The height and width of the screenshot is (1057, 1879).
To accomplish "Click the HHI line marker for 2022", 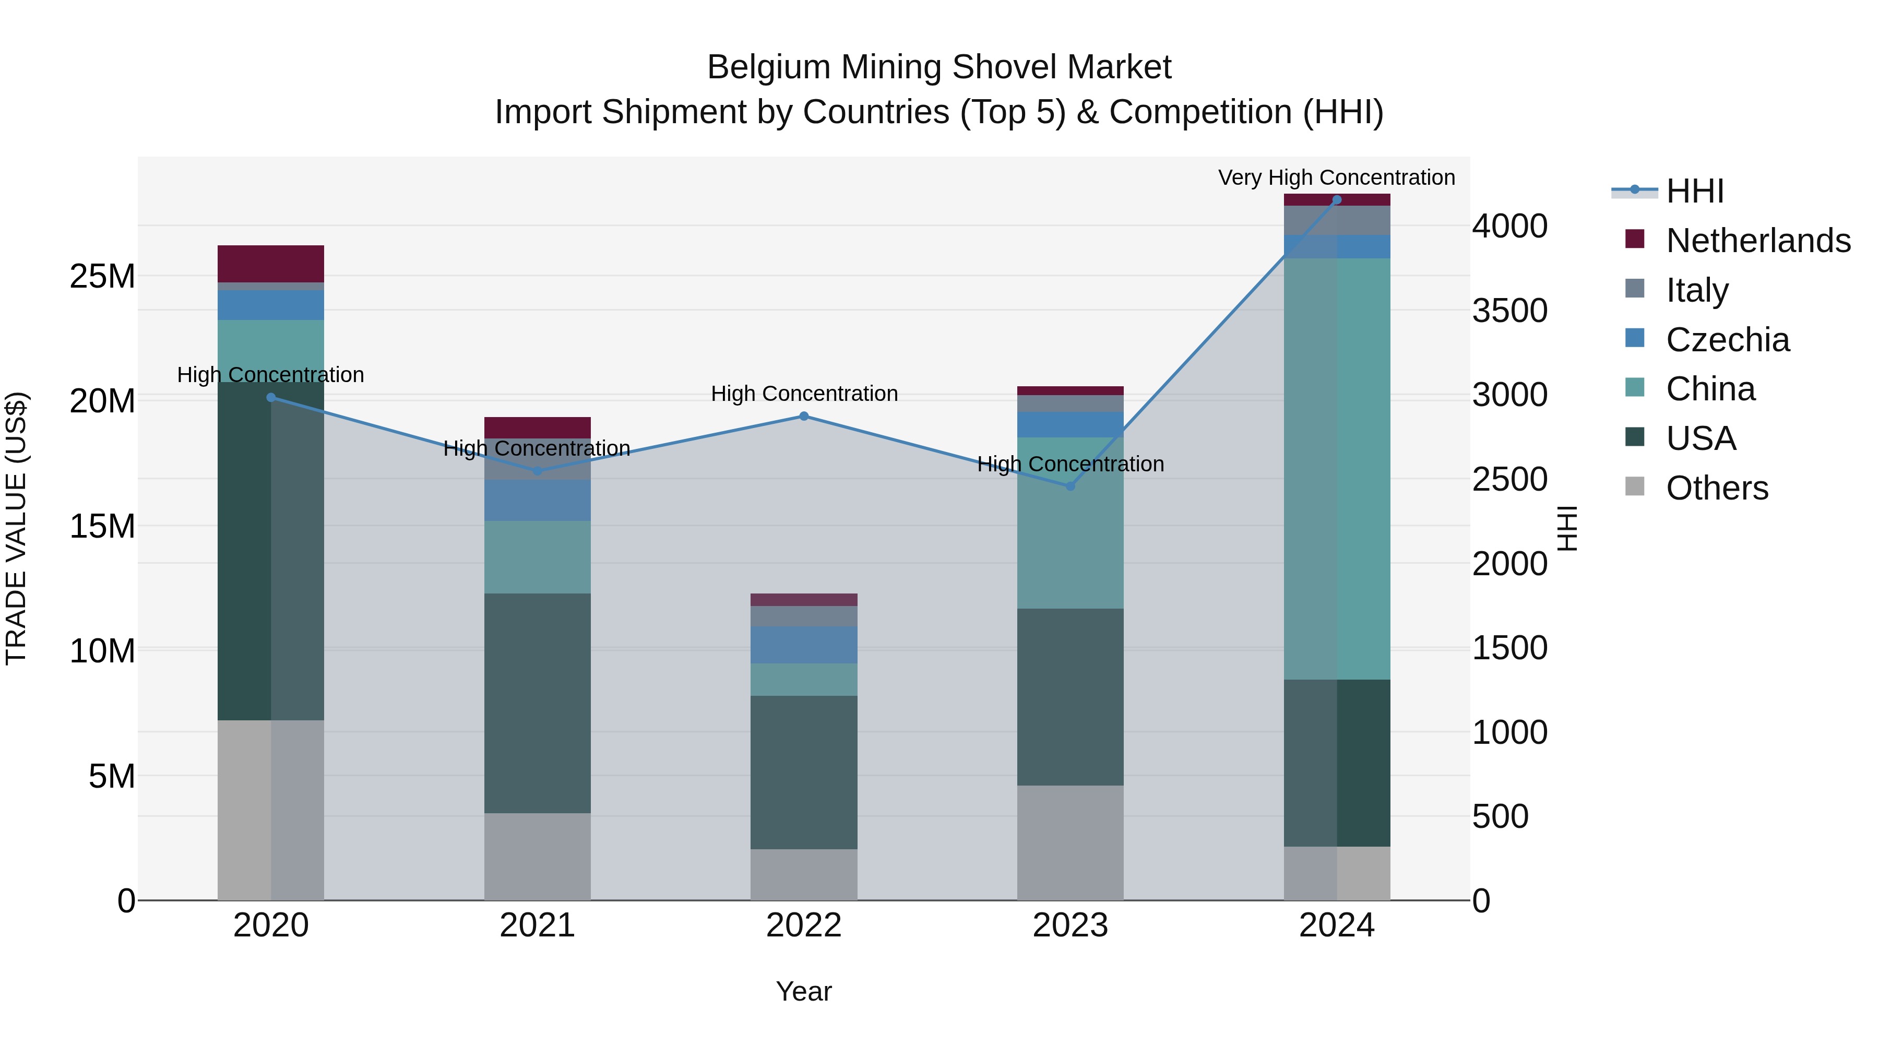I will coord(804,417).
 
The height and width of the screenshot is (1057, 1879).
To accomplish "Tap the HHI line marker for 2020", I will coord(270,398).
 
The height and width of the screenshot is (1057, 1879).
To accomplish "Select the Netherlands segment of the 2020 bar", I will coord(270,264).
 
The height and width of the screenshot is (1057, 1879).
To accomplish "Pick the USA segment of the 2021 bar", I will coord(537,703).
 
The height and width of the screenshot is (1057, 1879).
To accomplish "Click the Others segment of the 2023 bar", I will coord(1070,842).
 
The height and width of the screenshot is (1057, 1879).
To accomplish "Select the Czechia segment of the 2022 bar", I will coord(804,645).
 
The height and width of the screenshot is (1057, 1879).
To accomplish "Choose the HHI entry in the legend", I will coord(1694,191).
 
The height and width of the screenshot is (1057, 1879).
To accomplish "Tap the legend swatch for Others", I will coord(1635,486).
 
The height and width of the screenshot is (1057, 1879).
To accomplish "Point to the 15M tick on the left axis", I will coord(102,527).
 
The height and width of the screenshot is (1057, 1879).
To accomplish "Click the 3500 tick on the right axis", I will coord(1509,311).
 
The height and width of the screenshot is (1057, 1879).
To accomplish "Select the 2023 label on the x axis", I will coord(1070,925).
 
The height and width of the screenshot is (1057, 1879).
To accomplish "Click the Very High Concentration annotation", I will coord(1336,178).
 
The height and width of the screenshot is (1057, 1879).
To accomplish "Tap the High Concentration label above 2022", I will coord(804,394).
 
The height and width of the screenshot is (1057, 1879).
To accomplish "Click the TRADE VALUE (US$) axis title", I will coord(16,528).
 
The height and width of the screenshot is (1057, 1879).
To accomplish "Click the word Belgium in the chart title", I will coord(769,68).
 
